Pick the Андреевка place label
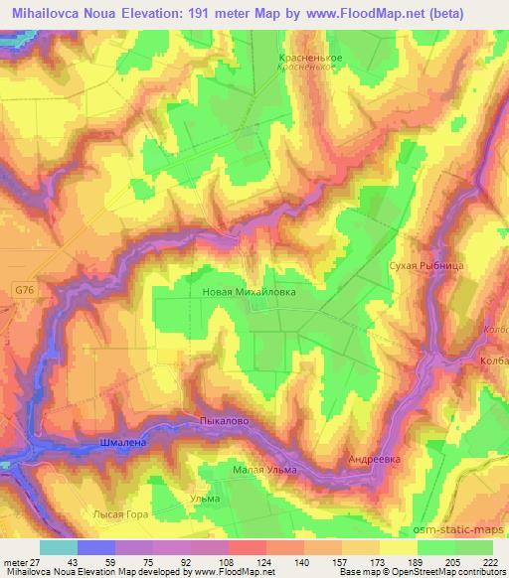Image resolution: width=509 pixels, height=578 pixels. coord(374,460)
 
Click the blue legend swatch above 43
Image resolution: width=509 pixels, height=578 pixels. coord(96,548)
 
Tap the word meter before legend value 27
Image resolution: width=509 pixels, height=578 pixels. coord(14,563)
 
